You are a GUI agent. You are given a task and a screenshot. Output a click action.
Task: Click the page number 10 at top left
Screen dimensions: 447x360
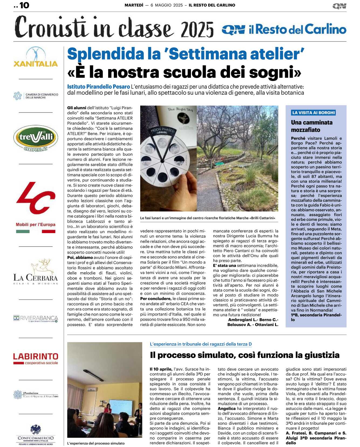click(24, 5)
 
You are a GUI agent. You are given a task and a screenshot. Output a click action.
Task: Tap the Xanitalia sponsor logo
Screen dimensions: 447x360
click(36, 57)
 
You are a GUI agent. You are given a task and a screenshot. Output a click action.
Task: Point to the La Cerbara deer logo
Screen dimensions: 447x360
click(36, 271)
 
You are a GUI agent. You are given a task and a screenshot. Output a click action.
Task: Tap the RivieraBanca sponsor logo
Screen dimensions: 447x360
click(36, 318)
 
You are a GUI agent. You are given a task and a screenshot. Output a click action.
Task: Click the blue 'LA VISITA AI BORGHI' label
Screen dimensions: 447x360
click(313, 112)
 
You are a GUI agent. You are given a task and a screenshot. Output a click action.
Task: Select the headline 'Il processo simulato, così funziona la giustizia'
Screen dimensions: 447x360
click(245, 355)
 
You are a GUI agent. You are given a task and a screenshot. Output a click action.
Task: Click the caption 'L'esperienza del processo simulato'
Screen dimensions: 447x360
click(96, 443)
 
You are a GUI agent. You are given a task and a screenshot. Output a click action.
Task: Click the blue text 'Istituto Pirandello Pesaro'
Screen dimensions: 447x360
click(98, 87)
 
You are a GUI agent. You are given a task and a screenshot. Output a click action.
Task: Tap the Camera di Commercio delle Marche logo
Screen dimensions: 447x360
click(36, 96)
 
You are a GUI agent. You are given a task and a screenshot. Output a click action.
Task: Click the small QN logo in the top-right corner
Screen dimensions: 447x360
click(339, 6)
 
